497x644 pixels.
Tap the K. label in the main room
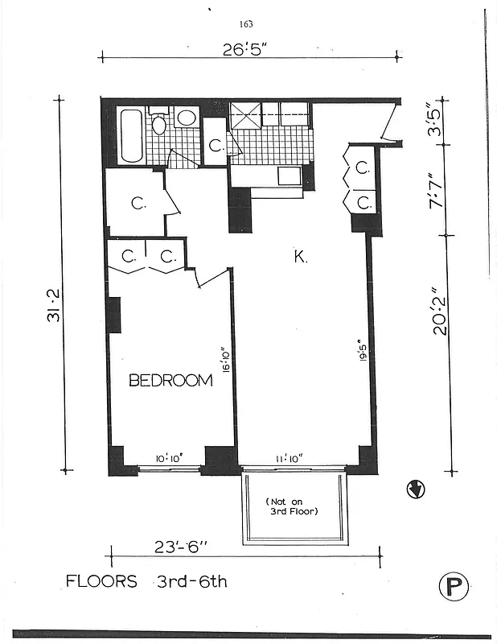pyautogui.click(x=300, y=257)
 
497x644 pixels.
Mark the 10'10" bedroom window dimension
pyautogui.click(x=169, y=458)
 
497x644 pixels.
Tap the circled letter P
pyautogui.click(x=454, y=585)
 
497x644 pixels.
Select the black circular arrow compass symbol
pyautogui.click(x=417, y=489)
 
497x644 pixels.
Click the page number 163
pyautogui.click(x=246, y=24)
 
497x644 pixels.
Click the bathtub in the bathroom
pyautogui.click(x=131, y=136)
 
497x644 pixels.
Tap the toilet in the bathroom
pyautogui.click(x=159, y=123)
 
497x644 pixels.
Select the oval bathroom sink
pyautogui.click(x=187, y=118)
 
